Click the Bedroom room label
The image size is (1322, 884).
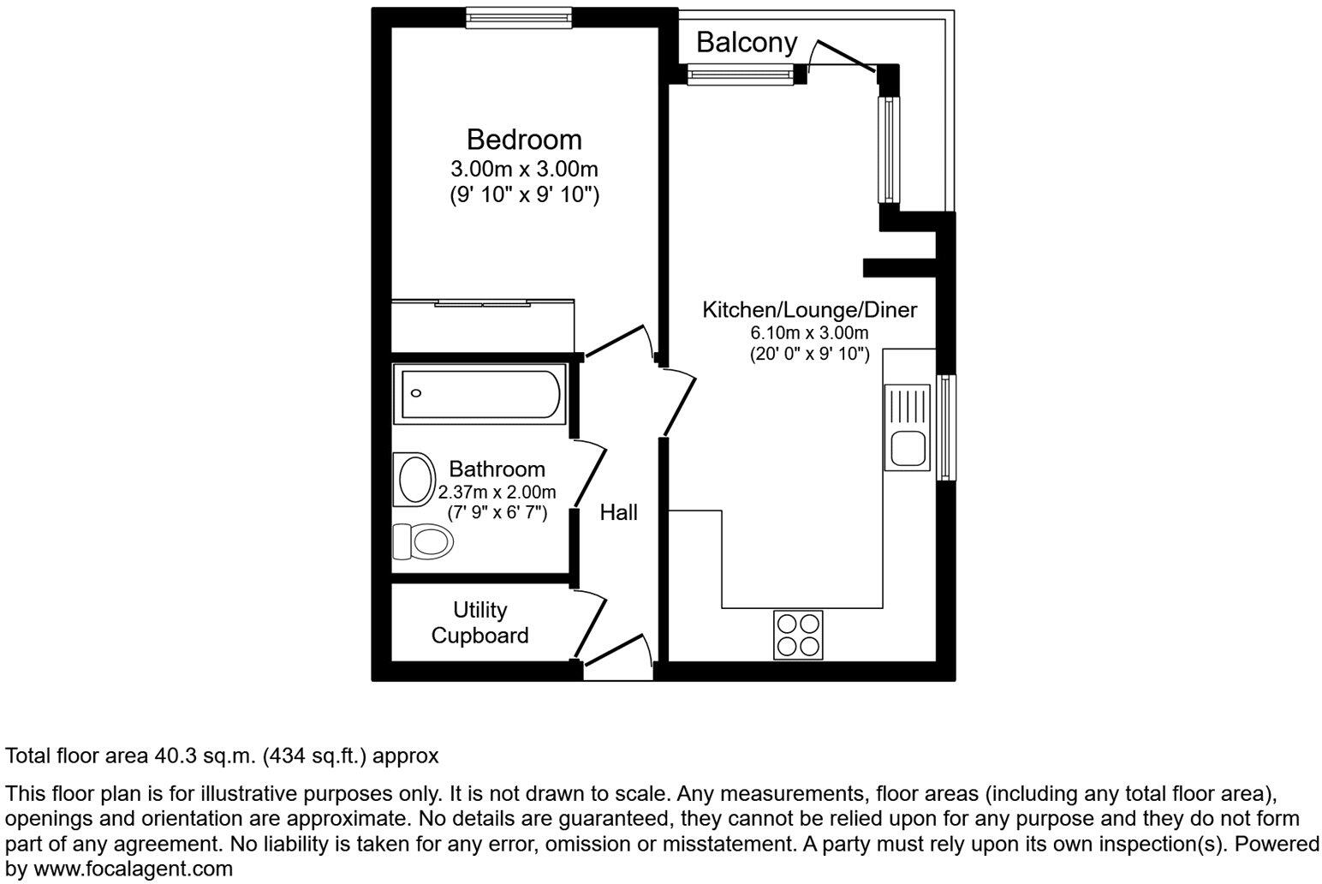(523, 139)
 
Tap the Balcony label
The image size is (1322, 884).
(746, 42)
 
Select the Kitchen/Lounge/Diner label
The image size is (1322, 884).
(809, 309)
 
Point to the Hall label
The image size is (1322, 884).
(618, 512)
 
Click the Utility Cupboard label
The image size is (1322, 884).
(479, 623)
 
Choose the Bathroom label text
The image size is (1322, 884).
(497, 469)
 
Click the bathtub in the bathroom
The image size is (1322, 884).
(479, 394)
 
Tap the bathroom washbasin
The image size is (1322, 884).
(415, 479)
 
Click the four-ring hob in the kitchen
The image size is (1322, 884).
(798, 635)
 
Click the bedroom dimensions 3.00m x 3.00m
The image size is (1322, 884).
(524, 169)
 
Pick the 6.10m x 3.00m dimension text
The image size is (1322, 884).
(809, 333)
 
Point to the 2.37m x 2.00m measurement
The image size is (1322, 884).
(497, 493)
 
